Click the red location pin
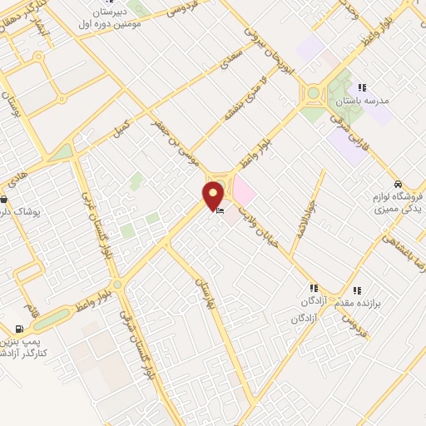(213, 195)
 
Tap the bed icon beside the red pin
(220, 212)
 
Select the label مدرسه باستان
(362, 101)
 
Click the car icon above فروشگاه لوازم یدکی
(399, 184)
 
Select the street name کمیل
(121, 130)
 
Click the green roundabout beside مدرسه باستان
(313, 93)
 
